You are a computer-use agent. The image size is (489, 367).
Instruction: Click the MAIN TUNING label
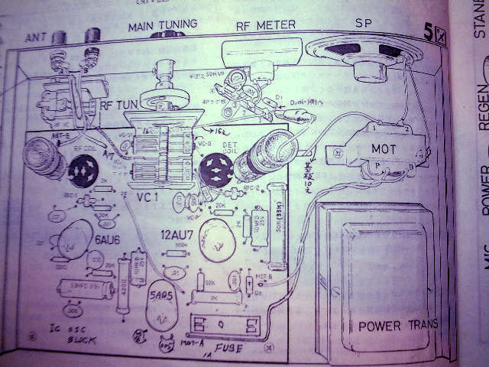coord(162,25)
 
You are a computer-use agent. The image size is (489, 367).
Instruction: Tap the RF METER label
coord(266,25)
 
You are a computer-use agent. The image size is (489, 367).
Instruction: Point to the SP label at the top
coord(364,24)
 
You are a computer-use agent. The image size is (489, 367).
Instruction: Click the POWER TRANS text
coord(399,325)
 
